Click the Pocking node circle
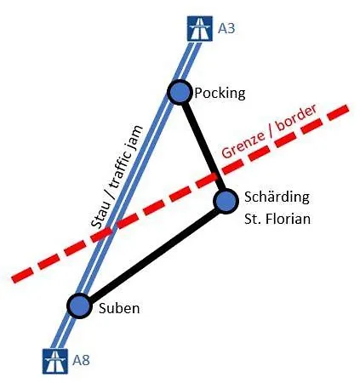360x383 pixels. pyautogui.click(x=179, y=92)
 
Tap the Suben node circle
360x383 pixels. pyautogui.click(x=79, y=306)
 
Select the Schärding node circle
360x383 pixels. pyautogui.click(x=226, y=201)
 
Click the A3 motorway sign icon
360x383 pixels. pyautogui.click(x=200, y=28)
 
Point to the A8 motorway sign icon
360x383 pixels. pyautogui.click(x=55, y=361)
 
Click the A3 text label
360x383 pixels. pyautogui.click(x=226, y=28)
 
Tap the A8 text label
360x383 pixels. pyautogui.click(x=81, y=360)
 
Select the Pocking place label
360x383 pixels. pyautogui.click(x=220, y=94)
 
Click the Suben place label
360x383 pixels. pyautogui.click(x=119, y=308)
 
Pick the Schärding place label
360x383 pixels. pyautogui.click(x=277, y=197)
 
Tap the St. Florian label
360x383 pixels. pyautogui.click(x=277, y=219)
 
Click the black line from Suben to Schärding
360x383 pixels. pyautogui.click(x=153, y=255)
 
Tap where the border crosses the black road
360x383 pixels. pyautogui.click(x=218, y=175)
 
